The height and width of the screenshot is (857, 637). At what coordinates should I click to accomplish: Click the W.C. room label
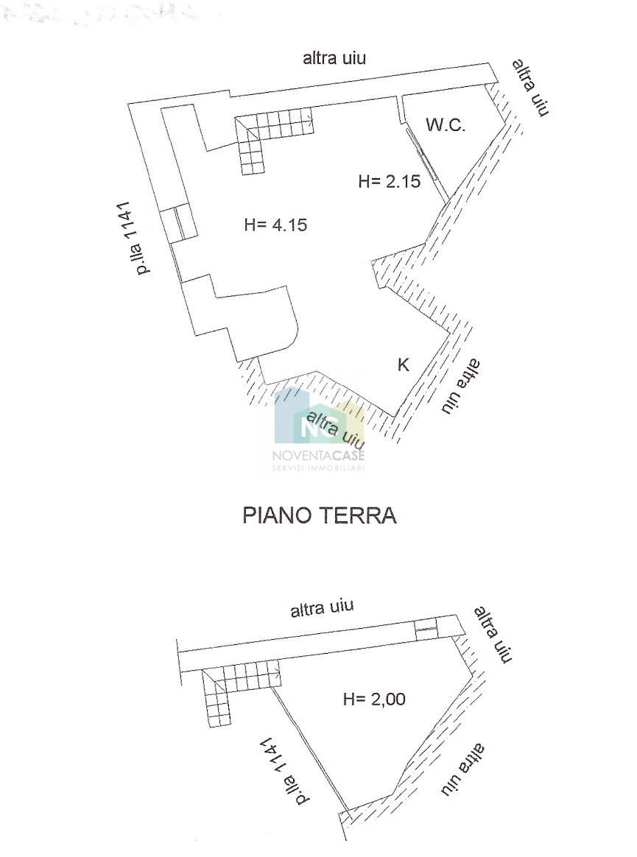pos(446,125)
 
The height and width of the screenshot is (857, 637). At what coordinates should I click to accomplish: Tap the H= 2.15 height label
pos(390,181)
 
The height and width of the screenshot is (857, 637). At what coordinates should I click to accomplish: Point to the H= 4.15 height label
pos(275,225)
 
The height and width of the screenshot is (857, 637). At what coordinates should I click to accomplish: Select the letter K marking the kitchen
pos(403,364)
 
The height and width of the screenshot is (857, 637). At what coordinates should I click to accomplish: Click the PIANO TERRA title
pos(320,515)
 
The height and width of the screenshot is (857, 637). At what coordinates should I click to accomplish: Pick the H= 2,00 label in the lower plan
pos(374,699)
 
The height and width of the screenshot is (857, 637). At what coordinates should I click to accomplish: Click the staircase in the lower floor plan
pos(238,690)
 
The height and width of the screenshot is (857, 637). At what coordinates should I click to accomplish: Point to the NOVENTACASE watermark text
pos(318,455)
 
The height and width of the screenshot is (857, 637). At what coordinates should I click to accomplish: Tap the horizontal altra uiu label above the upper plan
pos(334,58)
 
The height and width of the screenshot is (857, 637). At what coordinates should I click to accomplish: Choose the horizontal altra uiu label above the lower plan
pos(322,609)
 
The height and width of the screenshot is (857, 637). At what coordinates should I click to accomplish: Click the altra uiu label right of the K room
pos(462,386)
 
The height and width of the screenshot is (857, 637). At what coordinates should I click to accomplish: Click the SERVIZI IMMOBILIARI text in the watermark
pos(318,468)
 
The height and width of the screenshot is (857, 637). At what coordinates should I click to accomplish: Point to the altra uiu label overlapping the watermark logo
pos(335,429)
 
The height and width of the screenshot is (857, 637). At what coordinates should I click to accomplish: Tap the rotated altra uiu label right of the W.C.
pos(529,88)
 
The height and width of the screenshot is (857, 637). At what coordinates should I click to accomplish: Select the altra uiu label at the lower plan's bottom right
pos(462,769)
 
